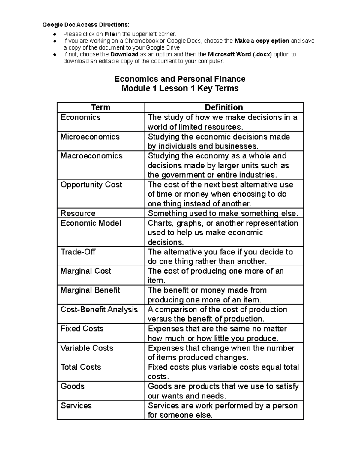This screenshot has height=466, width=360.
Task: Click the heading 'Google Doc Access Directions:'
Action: click(x=86, y=25)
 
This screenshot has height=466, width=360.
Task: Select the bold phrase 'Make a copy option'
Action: click(x=262, y=41)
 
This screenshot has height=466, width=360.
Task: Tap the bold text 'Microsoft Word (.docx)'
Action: click(x=240, y=54)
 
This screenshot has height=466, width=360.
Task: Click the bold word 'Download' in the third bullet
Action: click(x=124, y=54)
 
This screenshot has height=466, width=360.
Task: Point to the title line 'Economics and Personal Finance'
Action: click(x=180, y=79)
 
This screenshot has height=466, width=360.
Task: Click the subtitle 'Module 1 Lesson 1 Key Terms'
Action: click(x=180, y=89)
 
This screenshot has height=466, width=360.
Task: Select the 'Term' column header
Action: click(x=101, y=107)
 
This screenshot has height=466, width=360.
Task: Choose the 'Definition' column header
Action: click(x=223, y=107)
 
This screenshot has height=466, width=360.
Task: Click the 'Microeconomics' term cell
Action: click(x=90, y=137)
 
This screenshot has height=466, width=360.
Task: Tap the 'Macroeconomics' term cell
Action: click(x=91, y=156)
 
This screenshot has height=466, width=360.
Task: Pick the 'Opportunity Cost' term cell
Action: click(x=91, y=185)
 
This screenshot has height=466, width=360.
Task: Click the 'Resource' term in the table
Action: click(x=78, y=213)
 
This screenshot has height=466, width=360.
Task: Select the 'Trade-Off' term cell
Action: click(x=78, y=252)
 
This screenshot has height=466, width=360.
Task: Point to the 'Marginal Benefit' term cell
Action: click(x=90, y=290)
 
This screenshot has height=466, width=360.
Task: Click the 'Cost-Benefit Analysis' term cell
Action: click(x=99, y=309)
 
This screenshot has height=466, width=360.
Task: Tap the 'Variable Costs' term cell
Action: click(x=87, y=348)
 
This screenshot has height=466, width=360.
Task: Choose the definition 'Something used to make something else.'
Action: click(x=223, y=213)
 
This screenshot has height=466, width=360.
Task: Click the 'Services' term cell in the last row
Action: click(x=76, y=406)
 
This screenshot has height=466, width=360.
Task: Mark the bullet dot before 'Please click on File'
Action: click(x=55, y=34)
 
